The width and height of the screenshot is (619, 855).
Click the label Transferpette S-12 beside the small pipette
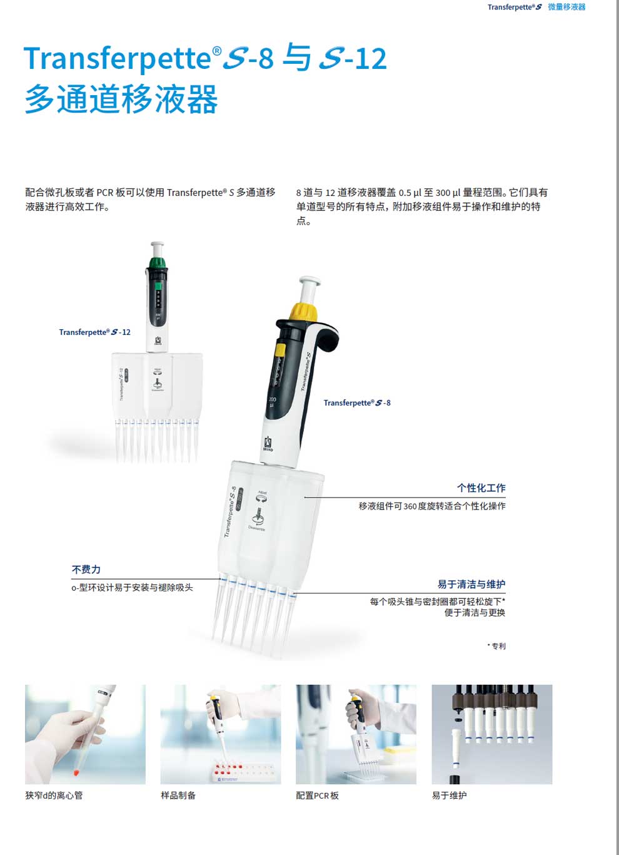tap(95, 332)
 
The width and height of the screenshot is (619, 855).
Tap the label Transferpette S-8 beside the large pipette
tap(357, 403)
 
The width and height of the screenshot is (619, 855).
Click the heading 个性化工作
tap(481, 488)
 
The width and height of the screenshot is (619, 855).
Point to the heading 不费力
tap(86, 570)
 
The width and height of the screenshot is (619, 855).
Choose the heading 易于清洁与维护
tap(471, 585)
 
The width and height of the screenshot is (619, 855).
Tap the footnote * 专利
tap(496, 646)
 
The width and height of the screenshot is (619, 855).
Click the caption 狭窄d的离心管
tap(54, 796)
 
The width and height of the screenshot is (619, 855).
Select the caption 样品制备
tap(178, 796)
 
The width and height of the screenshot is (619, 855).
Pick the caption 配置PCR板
tap(317, 796)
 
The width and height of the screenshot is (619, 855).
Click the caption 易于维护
tap(449, 796)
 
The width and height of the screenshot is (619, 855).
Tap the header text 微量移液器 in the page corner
tap(566, 7)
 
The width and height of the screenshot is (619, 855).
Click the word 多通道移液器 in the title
tap(121, 100)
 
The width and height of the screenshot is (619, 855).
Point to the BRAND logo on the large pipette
tap(268, 444)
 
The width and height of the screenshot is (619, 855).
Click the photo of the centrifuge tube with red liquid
tap(85, 734)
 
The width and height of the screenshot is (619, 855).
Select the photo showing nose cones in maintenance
tap(492, 734)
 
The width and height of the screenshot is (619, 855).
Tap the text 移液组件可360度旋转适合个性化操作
tap(432, 506)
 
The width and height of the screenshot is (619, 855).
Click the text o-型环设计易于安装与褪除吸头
tap(132, 588)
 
